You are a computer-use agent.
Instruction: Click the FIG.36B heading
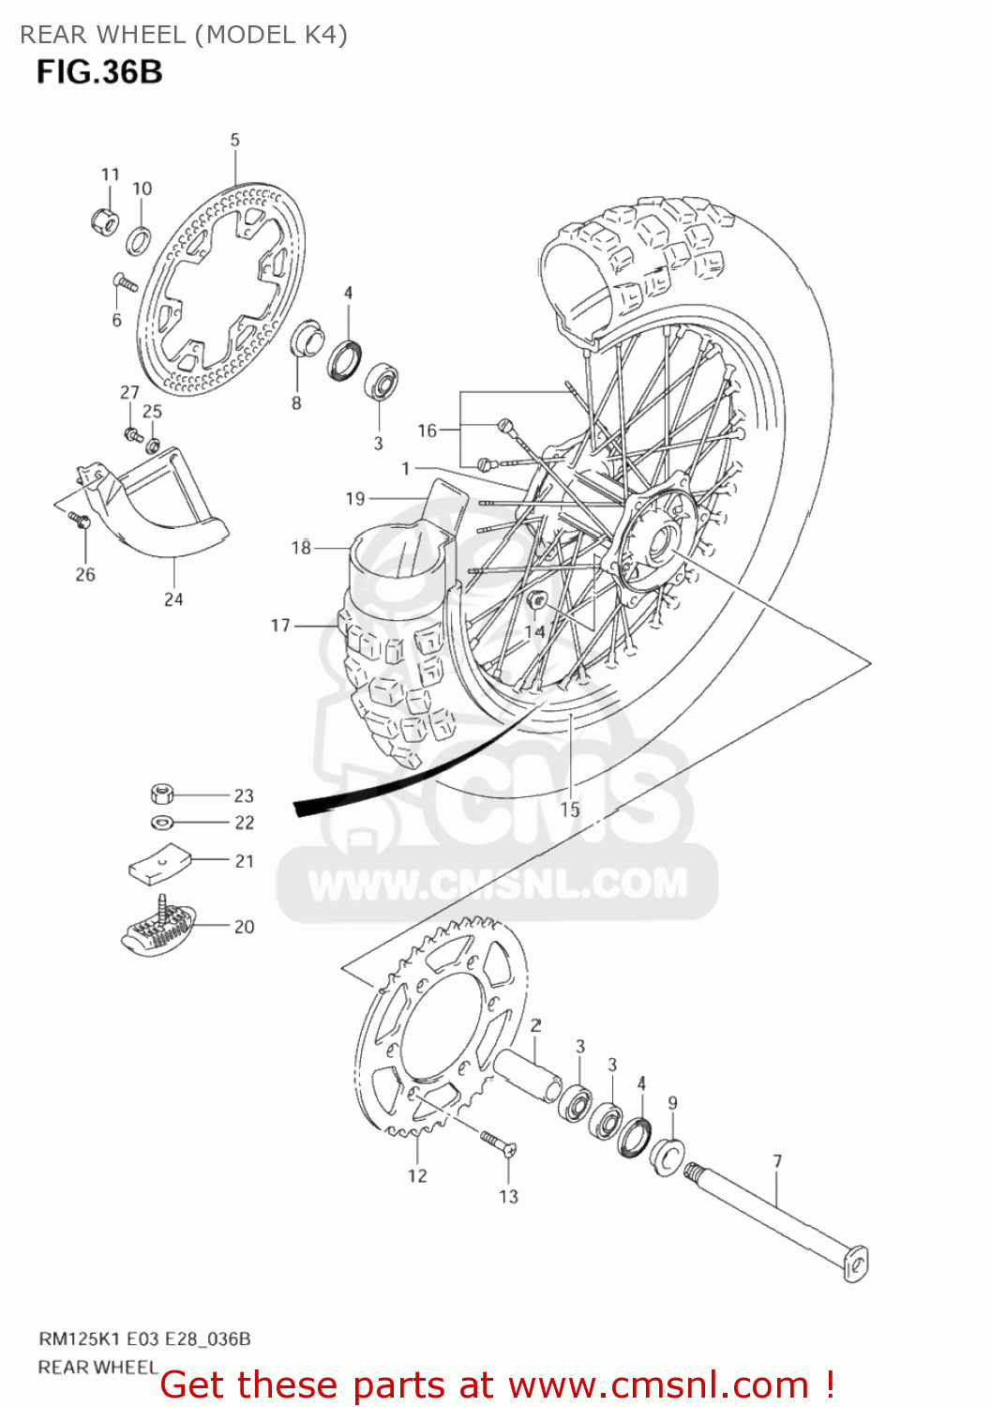[x=99, y=71]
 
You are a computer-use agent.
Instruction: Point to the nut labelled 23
[x=162, y=794]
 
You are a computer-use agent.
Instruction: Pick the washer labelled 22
[x=162, y=823]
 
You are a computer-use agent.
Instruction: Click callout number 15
[x=570, y=809]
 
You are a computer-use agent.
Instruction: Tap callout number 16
[x=428, y=431]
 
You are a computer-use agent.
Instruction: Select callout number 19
[x=354, y=499]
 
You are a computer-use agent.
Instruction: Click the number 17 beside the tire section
[x=280, y=625]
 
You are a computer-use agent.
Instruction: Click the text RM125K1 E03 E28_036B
[x=144, y=1339]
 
